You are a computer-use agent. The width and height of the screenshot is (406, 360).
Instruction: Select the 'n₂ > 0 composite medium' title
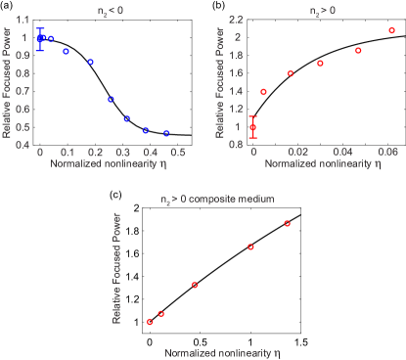click(216, 199)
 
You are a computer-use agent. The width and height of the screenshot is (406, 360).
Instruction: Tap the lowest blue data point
click(167, 133)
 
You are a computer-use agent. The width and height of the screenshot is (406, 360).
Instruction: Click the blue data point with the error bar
click(40, 39)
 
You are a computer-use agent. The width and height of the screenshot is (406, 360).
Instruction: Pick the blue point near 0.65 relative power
click(111, 100)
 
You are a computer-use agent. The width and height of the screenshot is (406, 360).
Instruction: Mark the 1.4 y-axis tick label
click(236, 91)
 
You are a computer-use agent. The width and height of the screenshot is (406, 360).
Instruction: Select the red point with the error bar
click(253, 127)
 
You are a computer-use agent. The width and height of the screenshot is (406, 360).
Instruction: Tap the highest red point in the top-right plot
click(391, 30)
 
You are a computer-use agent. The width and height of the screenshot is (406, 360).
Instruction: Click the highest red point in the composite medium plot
click(288, 223)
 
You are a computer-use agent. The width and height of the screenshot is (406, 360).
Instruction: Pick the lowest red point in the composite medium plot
click(150, 321)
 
